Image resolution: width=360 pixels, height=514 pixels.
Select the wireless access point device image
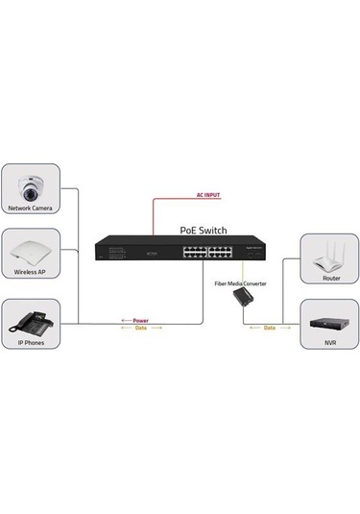tap(32, 253)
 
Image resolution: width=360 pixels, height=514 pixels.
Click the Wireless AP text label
tap(32, 273)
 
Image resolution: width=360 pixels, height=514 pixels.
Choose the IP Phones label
tap(32, 341)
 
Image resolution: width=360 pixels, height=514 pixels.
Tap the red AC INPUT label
tap(207, 195)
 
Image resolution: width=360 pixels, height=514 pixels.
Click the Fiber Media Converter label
tap(240, 284)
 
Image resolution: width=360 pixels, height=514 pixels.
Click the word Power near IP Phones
tap(140, 320)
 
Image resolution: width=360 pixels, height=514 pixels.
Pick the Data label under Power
tap(140, 328)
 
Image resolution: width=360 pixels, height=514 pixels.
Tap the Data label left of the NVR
tap(269, 328)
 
